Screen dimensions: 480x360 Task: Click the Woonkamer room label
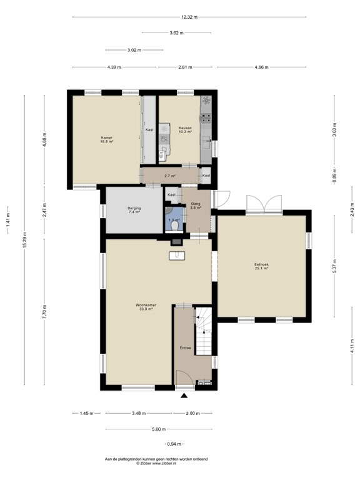coord(146,306)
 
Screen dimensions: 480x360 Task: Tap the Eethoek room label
coord(261,264)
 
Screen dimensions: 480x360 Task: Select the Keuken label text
coord(185,127)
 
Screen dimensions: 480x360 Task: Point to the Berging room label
coord(134,208)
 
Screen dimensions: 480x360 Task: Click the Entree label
coord(185,347)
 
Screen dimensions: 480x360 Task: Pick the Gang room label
coord(196,204)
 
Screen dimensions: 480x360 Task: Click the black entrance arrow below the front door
coord(184,395)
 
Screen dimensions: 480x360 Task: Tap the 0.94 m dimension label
coord(173,444)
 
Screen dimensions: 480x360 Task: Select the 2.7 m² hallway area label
coord(169,176)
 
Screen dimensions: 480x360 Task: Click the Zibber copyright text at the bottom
coord(156,463)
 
